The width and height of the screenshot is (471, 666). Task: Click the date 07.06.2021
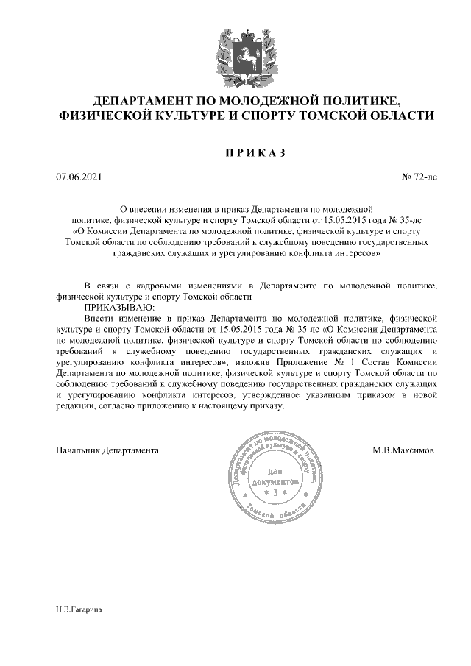click(79, 177)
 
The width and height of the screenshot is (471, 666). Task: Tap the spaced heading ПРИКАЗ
click(253, 152)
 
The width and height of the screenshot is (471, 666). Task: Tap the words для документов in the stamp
click(275, 476)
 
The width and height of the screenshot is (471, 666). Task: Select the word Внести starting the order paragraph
click(100, 318)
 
